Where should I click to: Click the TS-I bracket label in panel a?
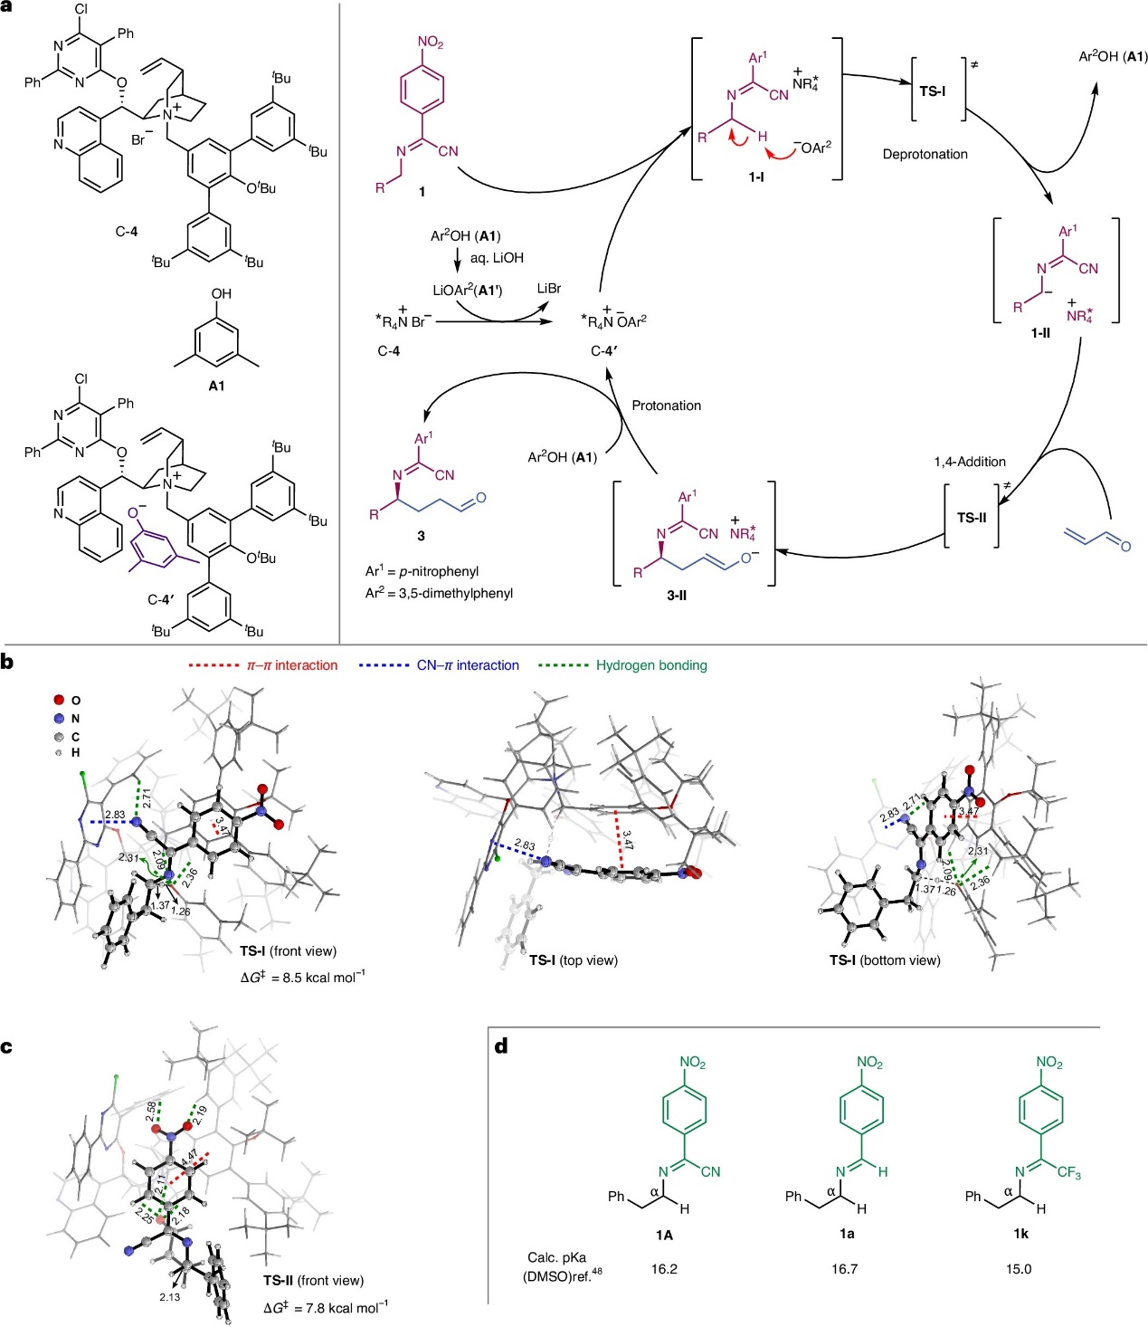click(x=932, y=91)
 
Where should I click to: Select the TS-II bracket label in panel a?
click(x=971, y=518)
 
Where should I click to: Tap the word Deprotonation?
click(x=925, y=154)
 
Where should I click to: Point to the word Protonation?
click(x=666, y=406)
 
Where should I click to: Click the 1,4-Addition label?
click(x=970, y=462)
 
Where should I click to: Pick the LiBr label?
click(x=548, y=288)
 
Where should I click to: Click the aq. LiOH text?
click(x=497, y=258)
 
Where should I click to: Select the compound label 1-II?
click(x=1040, y=333)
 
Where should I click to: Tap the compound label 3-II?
click(x=677, y=596)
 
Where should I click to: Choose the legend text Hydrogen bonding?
click(x=651, y=665)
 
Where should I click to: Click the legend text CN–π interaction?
click(x=468, y=665)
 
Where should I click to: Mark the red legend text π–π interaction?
click(x=292, y=665)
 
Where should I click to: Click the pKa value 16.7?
click(x=844, y=1269)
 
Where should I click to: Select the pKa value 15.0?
click(x=1019, y=1269)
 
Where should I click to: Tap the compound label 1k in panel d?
click(x=1020, y=1233)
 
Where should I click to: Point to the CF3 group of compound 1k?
click(x=1068, y=1173)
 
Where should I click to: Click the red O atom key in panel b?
click(x=60, y=700)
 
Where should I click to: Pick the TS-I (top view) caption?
click(x=573, y=959)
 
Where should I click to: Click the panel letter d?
click(x=500, y=1047)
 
